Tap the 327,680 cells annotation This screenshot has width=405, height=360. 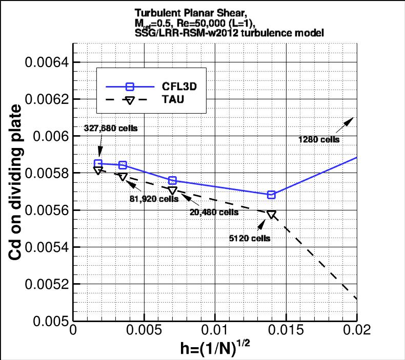109,128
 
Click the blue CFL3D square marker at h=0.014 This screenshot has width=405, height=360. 271,195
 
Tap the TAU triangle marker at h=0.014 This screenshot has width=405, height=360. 271,214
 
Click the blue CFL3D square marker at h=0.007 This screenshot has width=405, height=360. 172,180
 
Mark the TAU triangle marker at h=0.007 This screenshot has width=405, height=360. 172,190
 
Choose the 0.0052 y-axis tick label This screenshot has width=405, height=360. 47,284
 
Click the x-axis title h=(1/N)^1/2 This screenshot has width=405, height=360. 215,348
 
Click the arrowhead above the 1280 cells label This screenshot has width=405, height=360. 351,119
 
